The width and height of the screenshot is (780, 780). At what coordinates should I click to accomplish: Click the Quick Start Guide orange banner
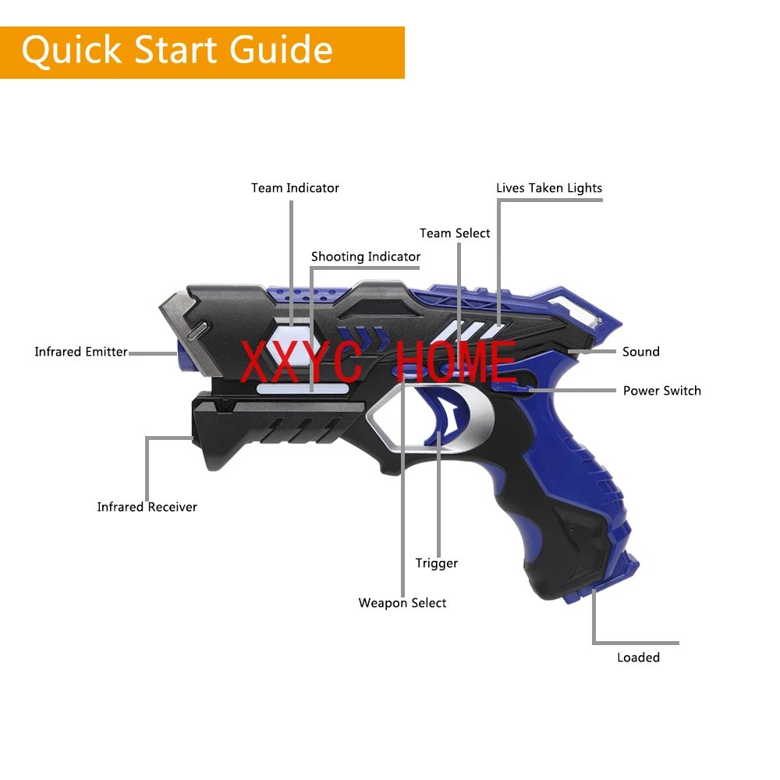tap(202, 52)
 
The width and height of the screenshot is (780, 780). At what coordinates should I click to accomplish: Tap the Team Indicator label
tap(295, 188)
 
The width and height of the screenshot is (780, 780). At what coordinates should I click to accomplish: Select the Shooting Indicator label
tap(365, 257)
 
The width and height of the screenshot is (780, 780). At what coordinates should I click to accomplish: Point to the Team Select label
tap(455, 233)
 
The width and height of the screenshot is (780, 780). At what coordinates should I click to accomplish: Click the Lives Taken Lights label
tap(549, 188)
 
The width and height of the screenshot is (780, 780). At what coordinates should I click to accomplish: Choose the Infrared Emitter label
tap(81, 352)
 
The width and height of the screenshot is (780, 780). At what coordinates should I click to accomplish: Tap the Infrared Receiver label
tap(147, 507)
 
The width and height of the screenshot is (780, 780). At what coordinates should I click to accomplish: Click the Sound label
tap(640, 352)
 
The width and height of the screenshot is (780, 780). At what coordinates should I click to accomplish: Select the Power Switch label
tap(661, 391)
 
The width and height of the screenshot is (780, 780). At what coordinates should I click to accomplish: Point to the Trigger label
tap(436, 563)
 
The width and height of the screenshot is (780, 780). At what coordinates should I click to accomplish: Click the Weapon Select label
tap(402, 603)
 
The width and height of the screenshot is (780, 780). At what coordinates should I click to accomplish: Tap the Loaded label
tap(638, 658)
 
